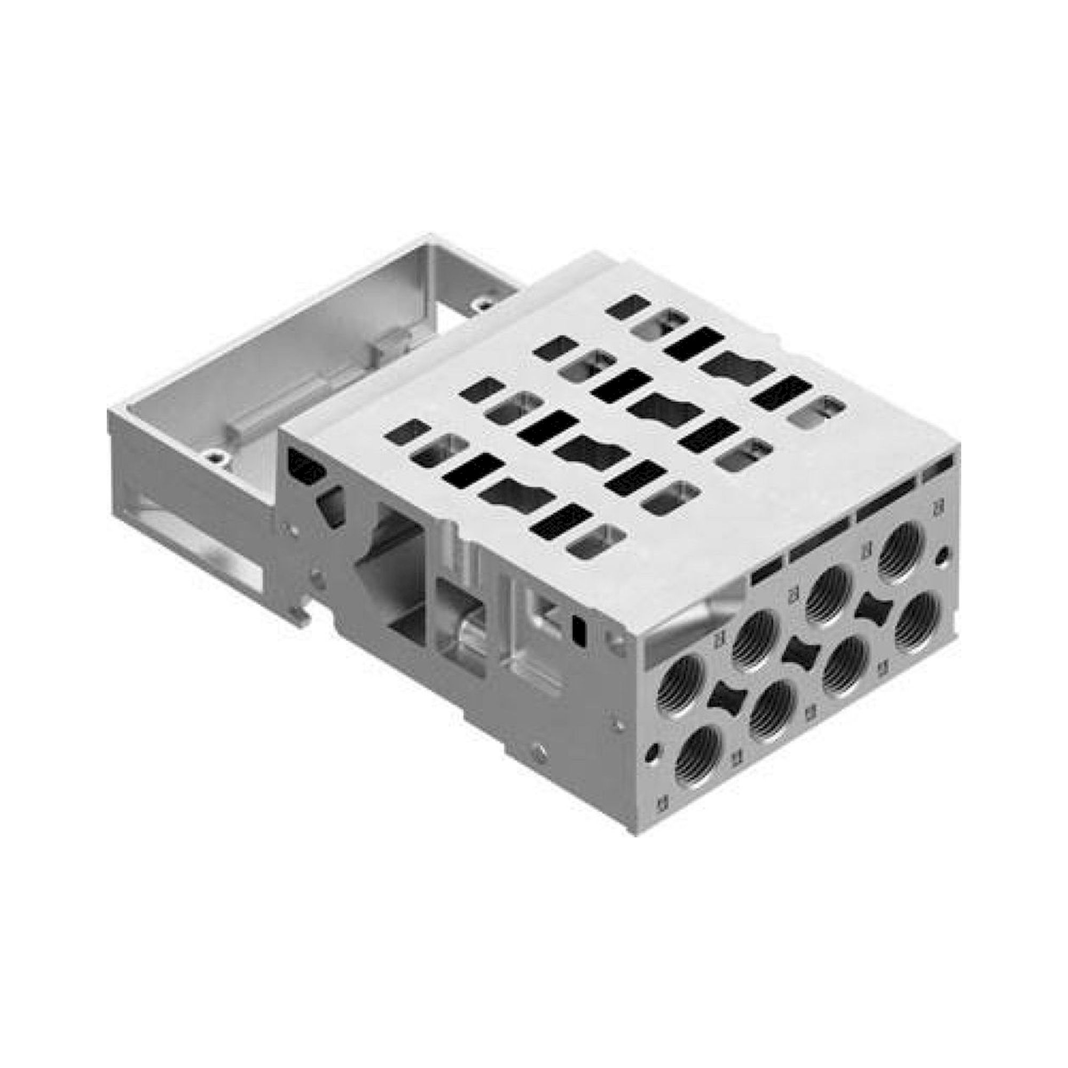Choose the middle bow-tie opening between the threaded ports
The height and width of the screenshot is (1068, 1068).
coord(799,653)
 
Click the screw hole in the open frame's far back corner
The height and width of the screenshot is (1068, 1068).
coord(485,303)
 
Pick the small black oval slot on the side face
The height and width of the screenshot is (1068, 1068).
coord(579,629)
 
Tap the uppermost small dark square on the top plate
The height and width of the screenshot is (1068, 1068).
coord(628,306)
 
